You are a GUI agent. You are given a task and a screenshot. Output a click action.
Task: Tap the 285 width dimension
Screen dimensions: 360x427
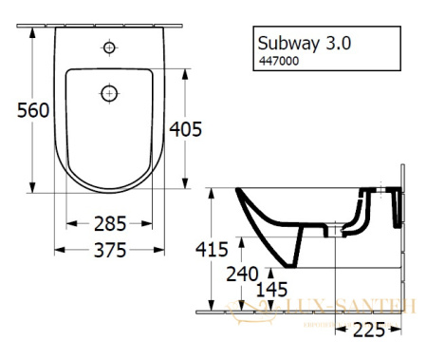pyautogui.click(x=112, y=225)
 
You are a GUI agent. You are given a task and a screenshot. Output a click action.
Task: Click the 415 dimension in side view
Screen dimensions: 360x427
pyautogui.click(x=211, y=250)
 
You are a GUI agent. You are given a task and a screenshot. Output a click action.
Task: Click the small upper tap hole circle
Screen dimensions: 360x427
pyautogui.click(x=109, y=47)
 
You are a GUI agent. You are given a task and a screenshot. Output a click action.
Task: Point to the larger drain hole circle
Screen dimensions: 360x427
pyautogui.click(x=109, y=93)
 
